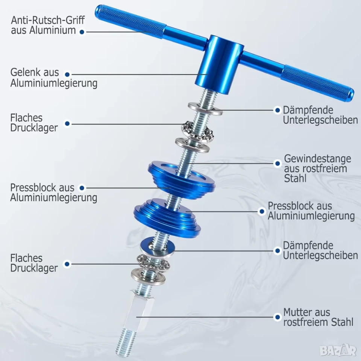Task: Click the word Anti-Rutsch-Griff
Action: point(48,20)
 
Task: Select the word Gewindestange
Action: point(317,159)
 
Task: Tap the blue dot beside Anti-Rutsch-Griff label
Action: point(82,32)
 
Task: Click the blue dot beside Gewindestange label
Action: point(278,164)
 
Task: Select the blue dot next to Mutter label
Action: point(278,317)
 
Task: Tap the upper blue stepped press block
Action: point(182,179)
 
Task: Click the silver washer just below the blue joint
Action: point(205,109)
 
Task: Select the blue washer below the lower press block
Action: point(158,248)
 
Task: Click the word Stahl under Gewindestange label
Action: point(295,179)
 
